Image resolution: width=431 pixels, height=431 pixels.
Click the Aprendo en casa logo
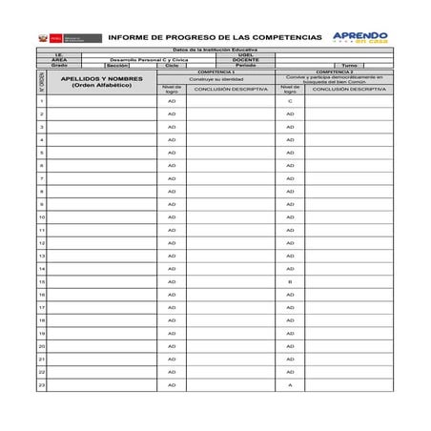click(x=359, y=37)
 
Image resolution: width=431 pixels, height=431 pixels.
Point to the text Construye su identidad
click(x=215, y=78)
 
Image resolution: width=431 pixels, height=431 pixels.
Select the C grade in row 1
click(x=290, y=100)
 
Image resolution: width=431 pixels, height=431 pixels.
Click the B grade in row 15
click(x=290, y=281)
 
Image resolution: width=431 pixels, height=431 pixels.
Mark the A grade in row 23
click(x=290, y=384)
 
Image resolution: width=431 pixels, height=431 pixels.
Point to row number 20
click(x=41, y=346)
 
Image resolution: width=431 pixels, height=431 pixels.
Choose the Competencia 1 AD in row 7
click(x=172, y=178)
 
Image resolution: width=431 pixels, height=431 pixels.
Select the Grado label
click(x=59, y=65)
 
